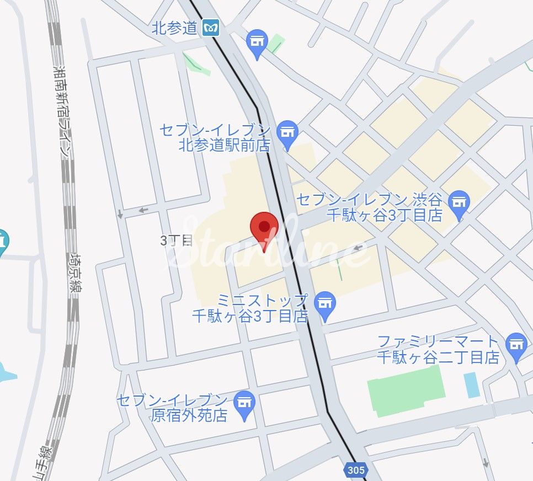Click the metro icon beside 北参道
[210, 28]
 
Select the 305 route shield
[356, 470]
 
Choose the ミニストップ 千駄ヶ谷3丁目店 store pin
[326, 306]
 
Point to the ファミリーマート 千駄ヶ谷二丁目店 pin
[516, 346]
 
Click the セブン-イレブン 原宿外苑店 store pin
[243, 404]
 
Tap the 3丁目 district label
[176, 240]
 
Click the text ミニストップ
[262, 301]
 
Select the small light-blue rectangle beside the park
[472, 384]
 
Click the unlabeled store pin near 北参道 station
[257, 43]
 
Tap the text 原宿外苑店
[189, 415]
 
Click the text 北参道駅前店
[225, 146]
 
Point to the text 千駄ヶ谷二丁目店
[438, 357]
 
